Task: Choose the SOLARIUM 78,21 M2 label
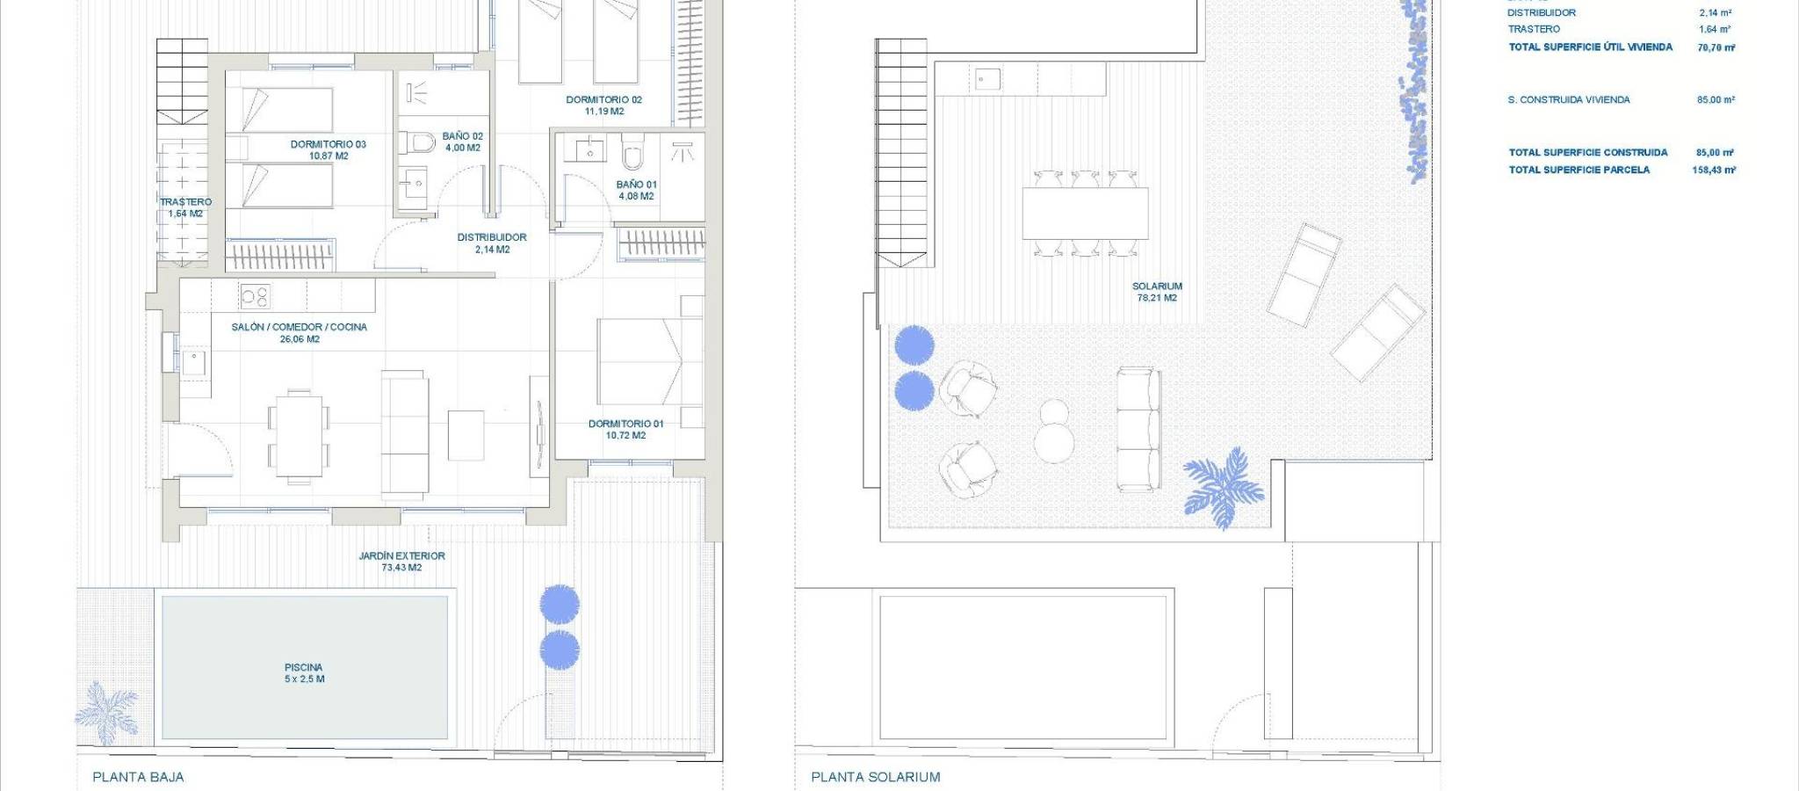point(1157,292)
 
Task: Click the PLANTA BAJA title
point(138,777)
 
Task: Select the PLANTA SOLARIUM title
point(875,777)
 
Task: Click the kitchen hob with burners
point(255,296)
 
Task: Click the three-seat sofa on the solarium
point(1139,430)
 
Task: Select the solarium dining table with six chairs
point(1085,213)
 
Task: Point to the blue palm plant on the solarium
point(1223,488)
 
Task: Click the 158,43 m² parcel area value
point(1714,170)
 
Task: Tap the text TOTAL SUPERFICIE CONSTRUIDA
point(1588,152)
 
